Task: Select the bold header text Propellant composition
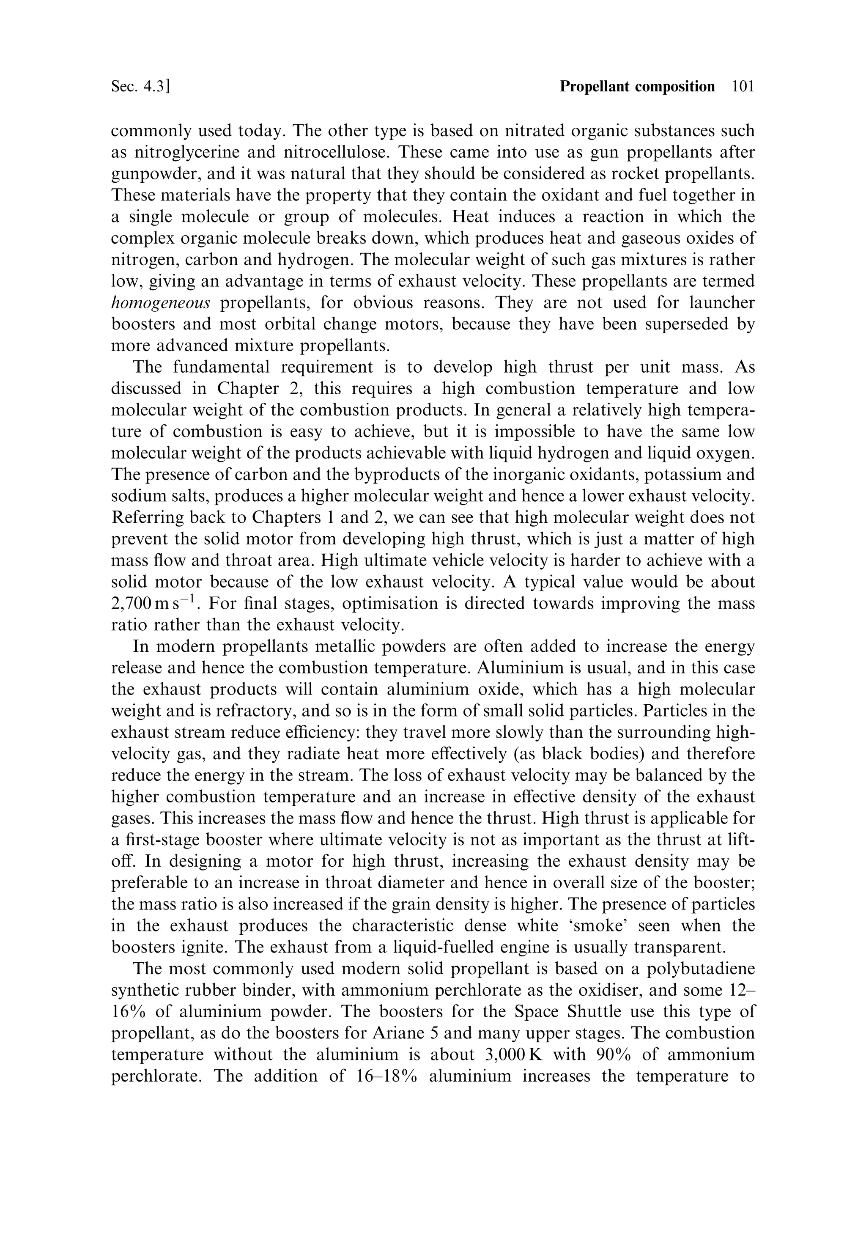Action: [637, 86]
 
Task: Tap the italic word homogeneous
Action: [161, 303]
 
